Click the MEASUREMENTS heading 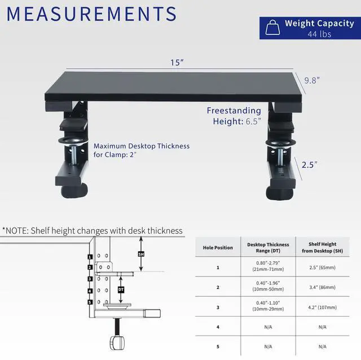pos(91,14)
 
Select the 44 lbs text pos(319,34)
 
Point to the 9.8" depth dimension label pos(312,80)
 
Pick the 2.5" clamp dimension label pos(309,164)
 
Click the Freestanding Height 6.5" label pos(234,116)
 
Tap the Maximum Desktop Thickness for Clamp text pos(142,150)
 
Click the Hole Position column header pos(218,248)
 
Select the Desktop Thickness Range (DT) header pos(268,248)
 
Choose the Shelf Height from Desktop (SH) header pos(322,248)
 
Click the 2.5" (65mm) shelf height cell pos(322,267)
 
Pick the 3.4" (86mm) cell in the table pos(322,287)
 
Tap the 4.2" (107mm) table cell pos(322,307)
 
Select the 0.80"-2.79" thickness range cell pos(268,267)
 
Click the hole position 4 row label pos(218,327)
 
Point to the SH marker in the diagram pos(141,254)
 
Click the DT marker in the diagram pos(121,289)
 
